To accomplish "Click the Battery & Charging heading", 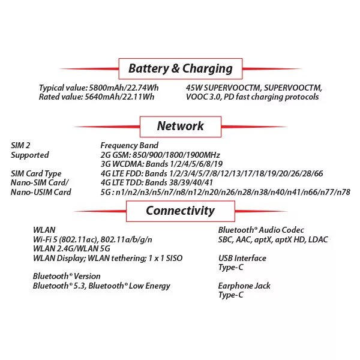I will tap(180, 68).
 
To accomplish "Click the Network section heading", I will tap(180, 126).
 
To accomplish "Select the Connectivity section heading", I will tap(180, 211).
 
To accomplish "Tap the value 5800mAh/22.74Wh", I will tap(123, 87).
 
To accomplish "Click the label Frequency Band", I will tap(129, 145).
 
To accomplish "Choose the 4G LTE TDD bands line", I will tap(157, 182).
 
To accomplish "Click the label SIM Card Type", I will tap(36, 173).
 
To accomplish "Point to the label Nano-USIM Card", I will tap(41, 192).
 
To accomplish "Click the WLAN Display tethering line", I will tap(107, 258).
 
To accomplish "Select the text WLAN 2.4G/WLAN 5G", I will tap(71, 249).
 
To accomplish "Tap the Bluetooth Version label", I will tap(67, 277).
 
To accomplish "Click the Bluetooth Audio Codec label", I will tap(261, 230).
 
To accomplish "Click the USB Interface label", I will tap(242, 258).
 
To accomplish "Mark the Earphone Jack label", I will tap(244, 286).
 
